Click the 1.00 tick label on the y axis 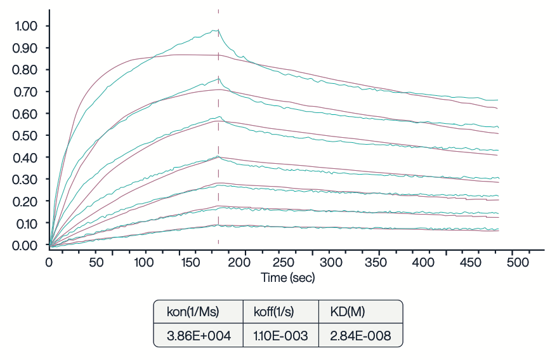pos(25,26)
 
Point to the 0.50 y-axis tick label pos(25,135)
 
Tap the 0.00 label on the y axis pos(25,245)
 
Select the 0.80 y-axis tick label pos(25,70)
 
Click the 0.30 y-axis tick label pos(25,179)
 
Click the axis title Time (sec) pos(288,277)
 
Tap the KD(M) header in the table pos(348,312)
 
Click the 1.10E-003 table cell pos(280,335)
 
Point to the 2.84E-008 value pos(360,335)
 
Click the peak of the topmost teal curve pos(218,30)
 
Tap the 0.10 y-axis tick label pos(25,223)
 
